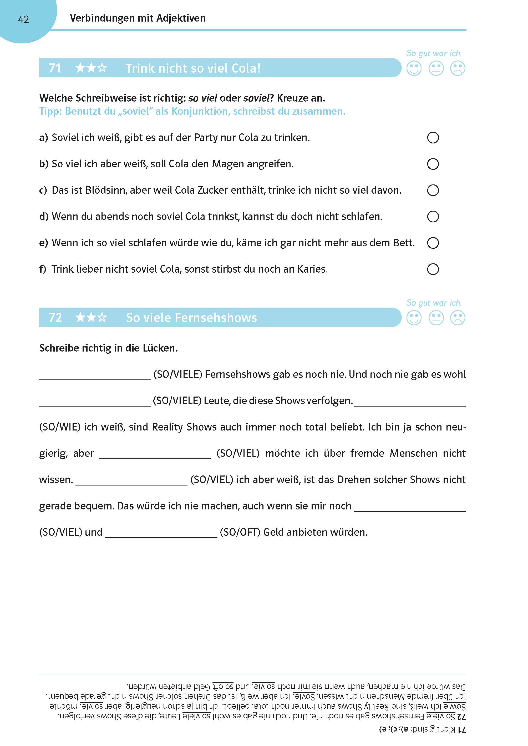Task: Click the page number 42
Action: coord(23,20)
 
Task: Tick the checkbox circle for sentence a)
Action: coord(433,138)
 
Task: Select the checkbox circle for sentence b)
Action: coord(433,164)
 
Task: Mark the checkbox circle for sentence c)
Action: coord(433,190)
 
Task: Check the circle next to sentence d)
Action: coord(433,217)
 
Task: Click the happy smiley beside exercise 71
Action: coord(414,69)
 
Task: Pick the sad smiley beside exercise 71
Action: coord(458,69)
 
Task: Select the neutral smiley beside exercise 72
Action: coord(436,318)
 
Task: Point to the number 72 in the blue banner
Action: coord(55,318)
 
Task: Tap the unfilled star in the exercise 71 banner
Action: coord(102,68)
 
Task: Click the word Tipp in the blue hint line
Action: coord(50,112)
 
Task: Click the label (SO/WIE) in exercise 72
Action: coord(59,427)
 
